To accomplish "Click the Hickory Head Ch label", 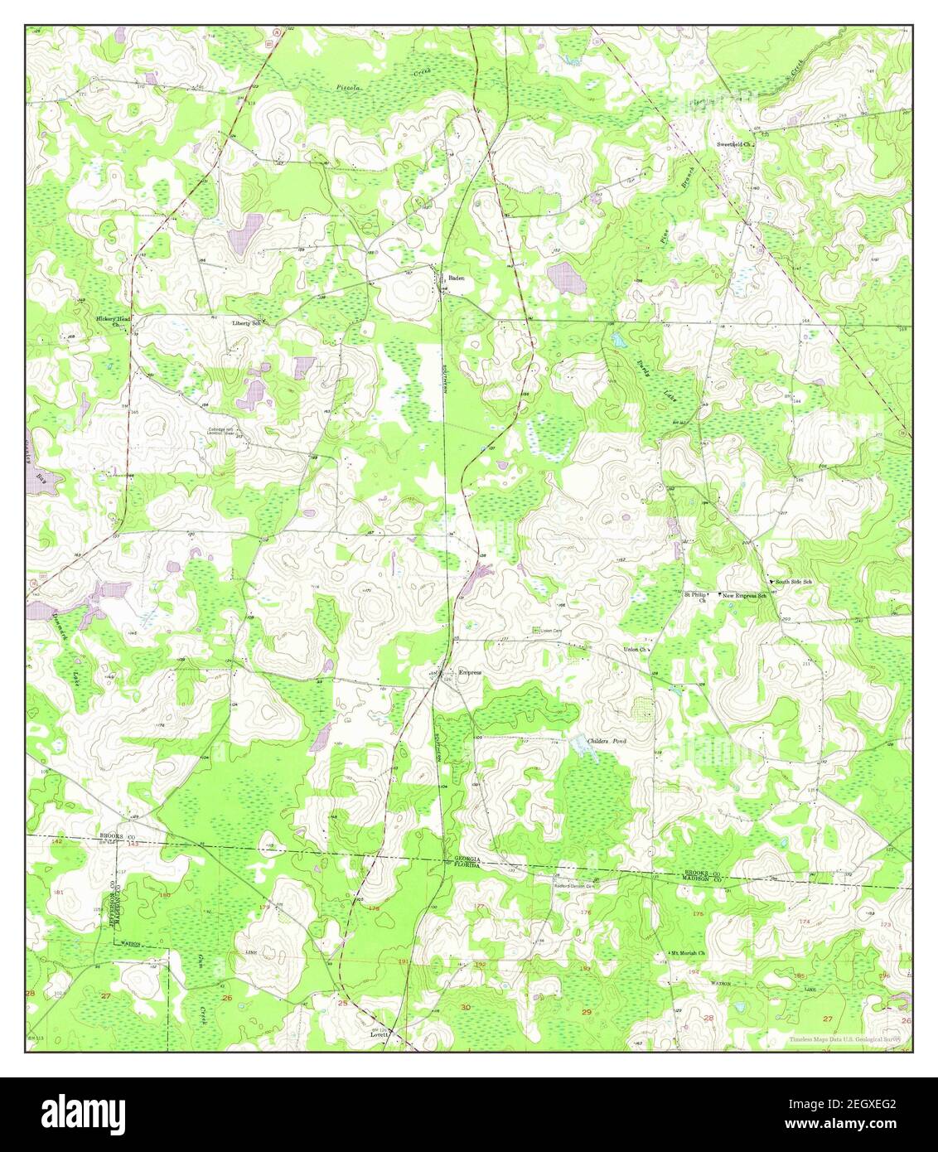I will (x=113, y=322).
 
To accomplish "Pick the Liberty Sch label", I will (x=246, y=322).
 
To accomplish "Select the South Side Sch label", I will (x=793, y=583).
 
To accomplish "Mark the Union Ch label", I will (x=636, y=650).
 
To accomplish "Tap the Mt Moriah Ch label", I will (x=688, y=953).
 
